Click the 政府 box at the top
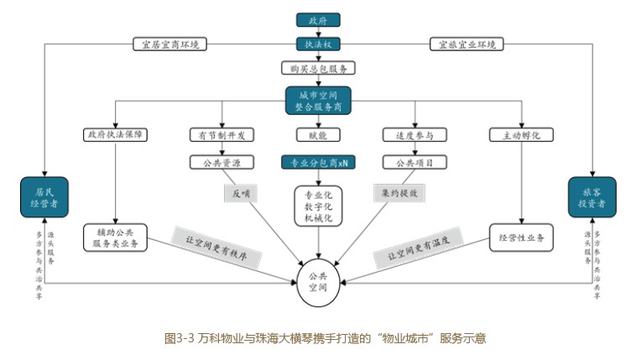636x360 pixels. (317, 19)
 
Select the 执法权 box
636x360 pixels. (317, 43)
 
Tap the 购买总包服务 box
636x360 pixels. (317, 68)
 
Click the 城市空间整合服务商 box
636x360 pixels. (317, 99)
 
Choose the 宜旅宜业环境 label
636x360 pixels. (467, 43)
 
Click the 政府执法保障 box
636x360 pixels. (115, 134)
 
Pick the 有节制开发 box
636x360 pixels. (222, 134)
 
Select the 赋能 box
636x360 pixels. (317, 134)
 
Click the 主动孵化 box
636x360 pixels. (520, 134)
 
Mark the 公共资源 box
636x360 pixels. (222, 161)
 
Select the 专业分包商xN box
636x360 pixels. (319, 161)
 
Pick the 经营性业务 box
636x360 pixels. (520, 238)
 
